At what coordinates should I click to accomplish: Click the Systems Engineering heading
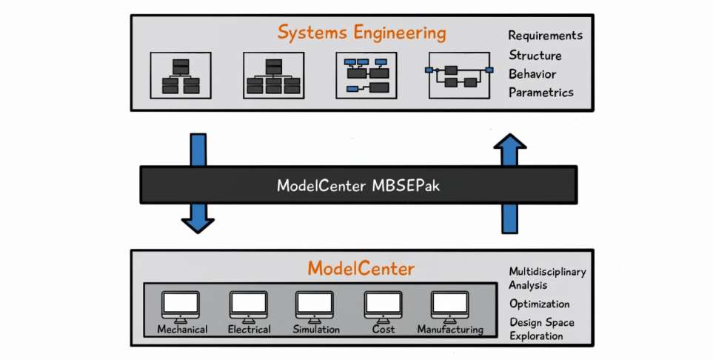[361, 33]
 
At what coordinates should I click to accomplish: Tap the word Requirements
[545, 36]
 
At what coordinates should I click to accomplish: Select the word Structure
[535, 56]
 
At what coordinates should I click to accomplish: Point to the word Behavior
[532, 74]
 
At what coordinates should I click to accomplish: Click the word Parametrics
[541, 93]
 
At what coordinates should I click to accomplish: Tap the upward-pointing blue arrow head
[509, 141]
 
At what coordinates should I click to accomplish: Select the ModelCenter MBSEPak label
[358, 186]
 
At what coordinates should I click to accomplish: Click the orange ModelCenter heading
[361, 269]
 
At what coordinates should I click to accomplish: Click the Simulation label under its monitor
[316, 330]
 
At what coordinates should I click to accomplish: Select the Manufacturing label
[450, 330]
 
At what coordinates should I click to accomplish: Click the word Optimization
[539, 304]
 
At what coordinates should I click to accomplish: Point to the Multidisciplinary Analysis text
[547, 279]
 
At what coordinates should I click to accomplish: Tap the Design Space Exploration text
[541, 329]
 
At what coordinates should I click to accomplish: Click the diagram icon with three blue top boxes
[366, 76]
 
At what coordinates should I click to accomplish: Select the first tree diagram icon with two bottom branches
[181, 76]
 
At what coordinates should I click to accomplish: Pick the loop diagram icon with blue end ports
[459, 76]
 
